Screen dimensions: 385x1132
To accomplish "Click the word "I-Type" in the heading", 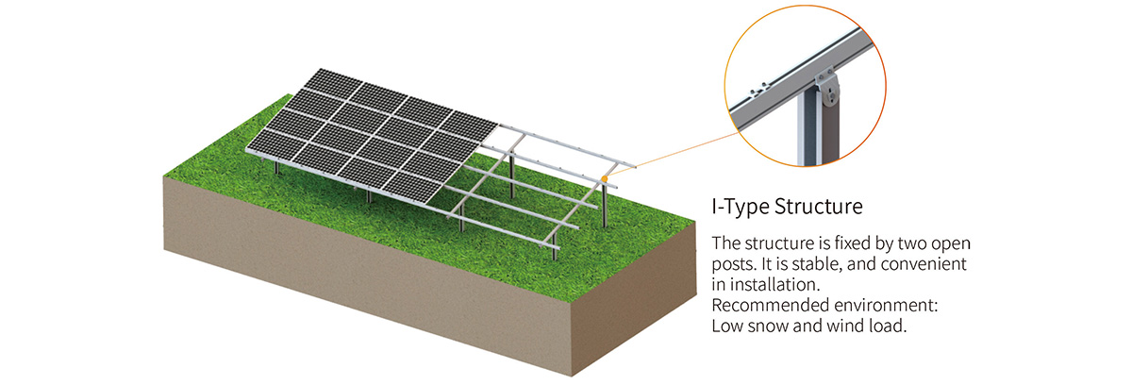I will tap(739, 205).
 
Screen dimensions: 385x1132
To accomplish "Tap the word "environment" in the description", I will tap(883, 306).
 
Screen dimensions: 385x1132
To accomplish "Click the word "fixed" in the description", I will tap(838, 241).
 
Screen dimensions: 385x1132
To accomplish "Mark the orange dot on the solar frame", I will tap(603, 177).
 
